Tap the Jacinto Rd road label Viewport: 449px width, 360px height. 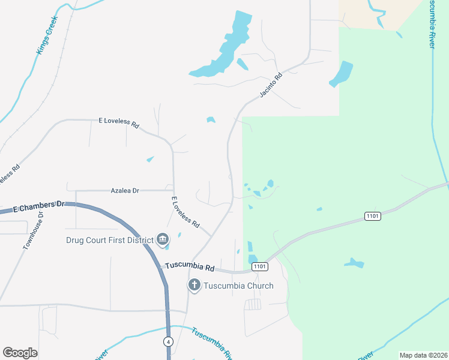click(271, 86)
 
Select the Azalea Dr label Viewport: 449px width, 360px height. click(125, 190)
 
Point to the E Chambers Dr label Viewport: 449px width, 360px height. click(38, 207)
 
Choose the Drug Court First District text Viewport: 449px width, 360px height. click(109, 241)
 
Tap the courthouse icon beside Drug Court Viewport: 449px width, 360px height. click(163, 240)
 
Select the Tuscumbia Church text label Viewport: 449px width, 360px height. click(238, 286)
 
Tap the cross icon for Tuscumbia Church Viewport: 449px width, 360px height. click(194, 285)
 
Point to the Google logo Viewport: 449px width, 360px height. click(20, 353)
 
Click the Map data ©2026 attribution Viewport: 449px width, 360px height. click(423, 355)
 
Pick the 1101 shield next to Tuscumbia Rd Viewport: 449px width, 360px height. click(259, 266)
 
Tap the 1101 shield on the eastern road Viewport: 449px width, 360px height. click(372, 216)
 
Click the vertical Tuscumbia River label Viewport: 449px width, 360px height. click(432, 24)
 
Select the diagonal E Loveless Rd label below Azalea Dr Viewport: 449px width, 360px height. click(185, 212)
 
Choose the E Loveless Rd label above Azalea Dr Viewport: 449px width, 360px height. click(119, 123)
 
